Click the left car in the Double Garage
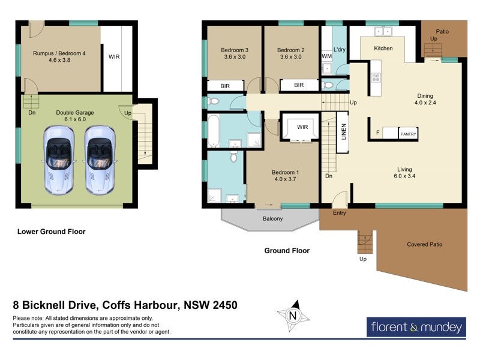[x=59, y=160]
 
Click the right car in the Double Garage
[x=100, y=160]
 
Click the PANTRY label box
[x=408, y=134]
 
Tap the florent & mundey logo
[x=416, y=328]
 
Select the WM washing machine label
[x=326, y=56]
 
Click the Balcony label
[x=272, y=219]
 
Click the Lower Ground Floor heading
[x=52, y=232]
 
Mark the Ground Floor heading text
[x=287, y=251]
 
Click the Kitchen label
[x=383, y=48]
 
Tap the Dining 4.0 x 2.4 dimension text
[x=425, y=103]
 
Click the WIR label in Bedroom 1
[x=302, y=127]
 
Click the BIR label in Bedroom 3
[x=225, y=86]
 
